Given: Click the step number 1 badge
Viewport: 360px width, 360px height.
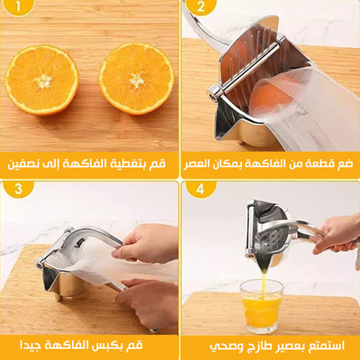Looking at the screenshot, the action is click(x=18, y=6).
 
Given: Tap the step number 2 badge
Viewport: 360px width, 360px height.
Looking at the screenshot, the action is click(x=201, y=7).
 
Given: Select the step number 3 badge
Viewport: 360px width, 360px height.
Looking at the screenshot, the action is click(x=18, y=189).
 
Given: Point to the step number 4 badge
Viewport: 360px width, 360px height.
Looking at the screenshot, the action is click(x=201, y=189).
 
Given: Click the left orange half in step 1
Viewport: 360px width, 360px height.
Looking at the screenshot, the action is click(x=42, y=80).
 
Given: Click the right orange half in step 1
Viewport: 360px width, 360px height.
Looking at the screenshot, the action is click(x=136, y=79).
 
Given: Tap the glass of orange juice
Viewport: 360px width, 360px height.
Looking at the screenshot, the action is click(x=262, y=306).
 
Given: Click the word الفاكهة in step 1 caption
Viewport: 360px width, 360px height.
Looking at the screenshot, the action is click(x=91, y=163).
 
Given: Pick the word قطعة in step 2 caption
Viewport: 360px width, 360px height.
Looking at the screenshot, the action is click(x=321, y=164).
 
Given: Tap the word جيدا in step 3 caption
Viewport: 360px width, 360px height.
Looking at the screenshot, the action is click(x=31, y=346).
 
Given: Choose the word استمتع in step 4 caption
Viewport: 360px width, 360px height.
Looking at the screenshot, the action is click(x=328, y=347).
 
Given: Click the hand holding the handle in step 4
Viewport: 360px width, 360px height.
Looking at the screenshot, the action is click(x=337, y=234).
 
